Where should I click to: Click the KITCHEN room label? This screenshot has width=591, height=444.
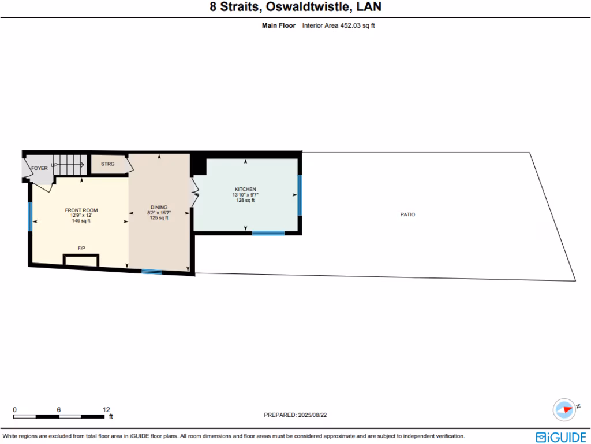(245, 190)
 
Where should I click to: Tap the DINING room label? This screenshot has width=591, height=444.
(159, 207)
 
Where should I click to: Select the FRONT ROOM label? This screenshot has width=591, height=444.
(81, 210)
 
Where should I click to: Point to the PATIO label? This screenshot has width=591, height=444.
(407, 214)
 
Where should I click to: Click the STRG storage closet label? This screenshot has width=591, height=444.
(108, 164)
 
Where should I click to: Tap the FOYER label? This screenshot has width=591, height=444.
(39, 168)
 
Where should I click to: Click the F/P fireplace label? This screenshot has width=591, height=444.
(81, 248)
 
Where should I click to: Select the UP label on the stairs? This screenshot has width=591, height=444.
(54, 165)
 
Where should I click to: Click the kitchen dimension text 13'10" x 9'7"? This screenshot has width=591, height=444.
(245, 195)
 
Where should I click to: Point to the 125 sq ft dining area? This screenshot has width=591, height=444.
(159, 218)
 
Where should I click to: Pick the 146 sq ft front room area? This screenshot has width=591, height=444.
(81, 221)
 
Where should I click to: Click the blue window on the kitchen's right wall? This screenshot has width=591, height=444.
(300, 195)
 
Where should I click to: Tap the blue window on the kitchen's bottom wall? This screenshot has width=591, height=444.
(268, 233)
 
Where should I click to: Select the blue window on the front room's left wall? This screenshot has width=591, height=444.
(30, 216)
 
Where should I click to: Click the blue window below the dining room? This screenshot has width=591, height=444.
(152, 272)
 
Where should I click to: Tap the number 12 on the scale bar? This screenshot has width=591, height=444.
(106, 409)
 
